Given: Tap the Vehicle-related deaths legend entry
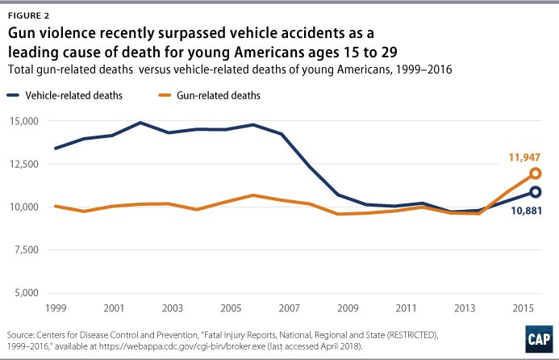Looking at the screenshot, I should coord(77,94).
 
